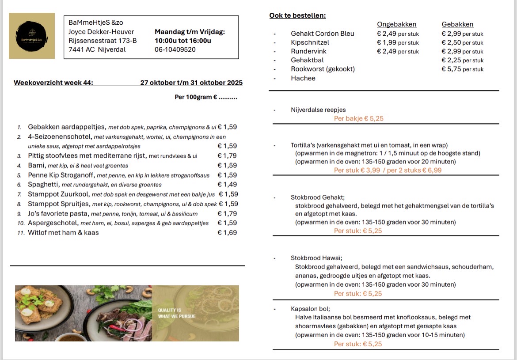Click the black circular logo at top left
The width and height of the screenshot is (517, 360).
tap(32, 36)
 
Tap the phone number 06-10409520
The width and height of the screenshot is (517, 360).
tap(175, 49)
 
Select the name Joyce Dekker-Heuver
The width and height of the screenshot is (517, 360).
tap(101, 32)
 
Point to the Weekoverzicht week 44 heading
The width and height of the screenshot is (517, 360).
tap(53, 83)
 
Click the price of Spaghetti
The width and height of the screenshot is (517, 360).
tap(227, 185)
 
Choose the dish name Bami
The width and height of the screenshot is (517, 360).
tap(37, 166)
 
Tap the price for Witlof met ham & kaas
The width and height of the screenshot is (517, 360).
tap(227, 233)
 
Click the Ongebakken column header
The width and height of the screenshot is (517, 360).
tap(396, 24)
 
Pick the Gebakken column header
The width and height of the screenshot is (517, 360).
tap(457, 24)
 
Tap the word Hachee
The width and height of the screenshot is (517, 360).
tap(303, 78)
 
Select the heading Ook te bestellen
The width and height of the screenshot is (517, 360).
tap(297, 15)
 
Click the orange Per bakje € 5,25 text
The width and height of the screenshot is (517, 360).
tap(359, 118)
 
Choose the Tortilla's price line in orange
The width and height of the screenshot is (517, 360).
tap(388, 170)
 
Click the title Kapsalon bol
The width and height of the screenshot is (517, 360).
tap(310, 309)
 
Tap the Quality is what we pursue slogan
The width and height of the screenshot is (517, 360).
tap(176, 313)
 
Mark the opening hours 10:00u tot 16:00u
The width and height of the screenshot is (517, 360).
tap(182, 41)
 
